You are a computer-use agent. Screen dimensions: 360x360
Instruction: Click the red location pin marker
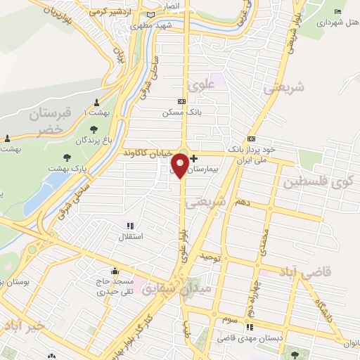pos(180,165)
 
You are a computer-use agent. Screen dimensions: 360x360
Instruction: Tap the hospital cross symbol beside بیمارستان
pos(193,159)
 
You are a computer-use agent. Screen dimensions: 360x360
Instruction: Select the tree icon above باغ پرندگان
pos(94,130)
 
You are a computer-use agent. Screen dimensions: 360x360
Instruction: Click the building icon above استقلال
pos(129,226)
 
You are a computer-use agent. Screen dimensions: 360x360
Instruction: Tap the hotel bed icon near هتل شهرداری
pos(338,12)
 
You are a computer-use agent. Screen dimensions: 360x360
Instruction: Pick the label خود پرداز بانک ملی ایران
pos(250,154)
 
